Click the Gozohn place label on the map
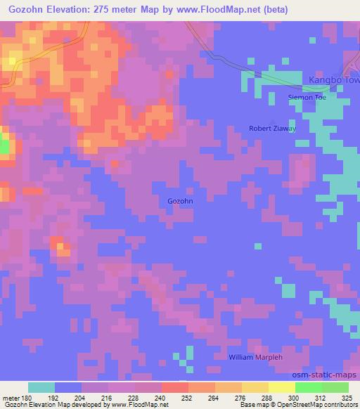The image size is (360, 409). pyautogui.click(x=180, y=201)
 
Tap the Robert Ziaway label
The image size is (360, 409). pyautogui.click(x=272, y=129)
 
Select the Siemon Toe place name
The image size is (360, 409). pyautogui.click(x=307, y=97)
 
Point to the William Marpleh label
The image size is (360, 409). pyautogui.click(x=255, y=358)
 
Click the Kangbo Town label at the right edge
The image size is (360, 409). pyautogui.click(x=335, y=80)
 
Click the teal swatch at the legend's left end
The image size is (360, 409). pyautogui.click(x=41, y=388)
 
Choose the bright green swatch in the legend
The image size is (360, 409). pyautogui.click(x=308, y=388)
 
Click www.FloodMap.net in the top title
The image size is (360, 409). pyautogui.click(x=217, y=10)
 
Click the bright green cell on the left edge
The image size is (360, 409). pyautogui.click(x=4, y=147)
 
